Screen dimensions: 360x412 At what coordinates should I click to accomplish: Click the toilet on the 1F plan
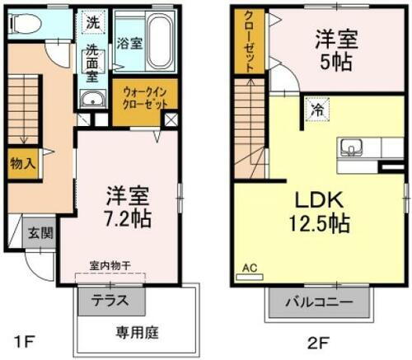tap(24, 24)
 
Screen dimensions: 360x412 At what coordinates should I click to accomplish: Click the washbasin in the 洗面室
tap(91, 101)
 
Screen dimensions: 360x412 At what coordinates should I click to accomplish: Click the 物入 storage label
tap(22, 163)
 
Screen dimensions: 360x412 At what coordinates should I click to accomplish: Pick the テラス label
tap(109, 301)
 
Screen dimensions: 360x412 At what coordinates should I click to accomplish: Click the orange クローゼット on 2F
tap(247, 41)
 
